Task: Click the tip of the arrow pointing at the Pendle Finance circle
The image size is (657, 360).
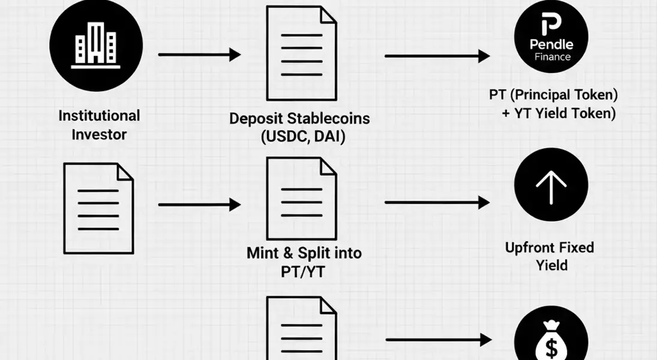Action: tap(490, 56)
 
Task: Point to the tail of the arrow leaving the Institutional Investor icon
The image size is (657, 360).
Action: tap(159, 55)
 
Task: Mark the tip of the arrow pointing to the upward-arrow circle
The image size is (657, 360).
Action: tap(490, 203)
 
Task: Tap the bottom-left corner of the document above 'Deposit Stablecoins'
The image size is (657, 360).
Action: tap(268, 100)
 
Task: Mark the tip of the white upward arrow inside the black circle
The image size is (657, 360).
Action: tap(551, 170)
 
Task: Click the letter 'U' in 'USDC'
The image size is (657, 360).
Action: tap(270, 137)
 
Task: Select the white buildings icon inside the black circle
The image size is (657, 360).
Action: tap(96, 45)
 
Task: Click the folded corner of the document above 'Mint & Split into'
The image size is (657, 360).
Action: tap(329, 166)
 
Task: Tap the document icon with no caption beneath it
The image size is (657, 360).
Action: tap(99, 208)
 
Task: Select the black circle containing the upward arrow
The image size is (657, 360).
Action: tap(551, 185)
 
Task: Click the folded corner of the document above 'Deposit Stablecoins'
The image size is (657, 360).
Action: tap(329, 14)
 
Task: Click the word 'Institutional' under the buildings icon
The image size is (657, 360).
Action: tap(100, 116)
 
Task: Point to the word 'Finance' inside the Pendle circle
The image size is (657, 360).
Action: tap(552, 56)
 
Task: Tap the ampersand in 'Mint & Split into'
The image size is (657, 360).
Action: tap(288, 253)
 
